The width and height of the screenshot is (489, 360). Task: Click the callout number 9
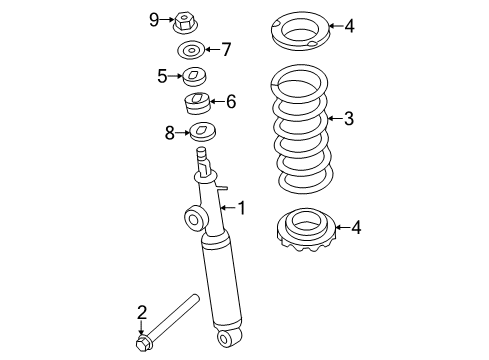click(x=154, y=19)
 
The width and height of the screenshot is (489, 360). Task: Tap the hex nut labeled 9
click(x=186, y=21)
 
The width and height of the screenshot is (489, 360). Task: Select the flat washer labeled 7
click(x=191, y=49)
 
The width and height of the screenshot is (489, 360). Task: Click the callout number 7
click(x=225, y=49)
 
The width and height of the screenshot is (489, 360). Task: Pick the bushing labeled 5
click(x=192, y=75)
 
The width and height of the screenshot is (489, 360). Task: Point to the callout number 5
click(x=161, y=74)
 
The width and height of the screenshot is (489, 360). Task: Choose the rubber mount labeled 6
click(x=197, y=104)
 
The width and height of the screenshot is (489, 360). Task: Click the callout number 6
click(x=231, y=101)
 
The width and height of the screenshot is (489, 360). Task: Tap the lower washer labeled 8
click(x=204, y=132)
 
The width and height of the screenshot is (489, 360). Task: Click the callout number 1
click(x=240, y=207)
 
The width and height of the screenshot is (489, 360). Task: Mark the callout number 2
click(x=142, y=312)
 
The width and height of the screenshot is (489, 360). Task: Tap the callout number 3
click(x=348, y=119)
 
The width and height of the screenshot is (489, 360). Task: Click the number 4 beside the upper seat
click(x=348, y=26)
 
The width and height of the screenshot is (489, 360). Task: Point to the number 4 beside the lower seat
click(x=356, y=228)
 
